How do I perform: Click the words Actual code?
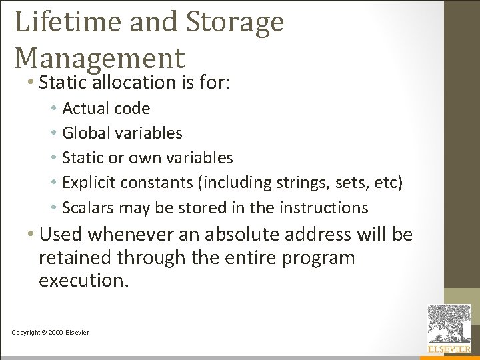pyautogui.click(x=106, y=108)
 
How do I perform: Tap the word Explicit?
pyautogui.click(x=88, y=183)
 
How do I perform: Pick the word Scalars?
pyautogui.click(x=87, y=207)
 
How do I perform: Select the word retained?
pyautogui.click(x=76, y=257)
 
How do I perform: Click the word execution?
pyautogui.click(x=83, y=281)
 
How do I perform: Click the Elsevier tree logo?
pyautogui.click(x=449, y=325)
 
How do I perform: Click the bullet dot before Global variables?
pyautogui.click(x=53, y=133)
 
